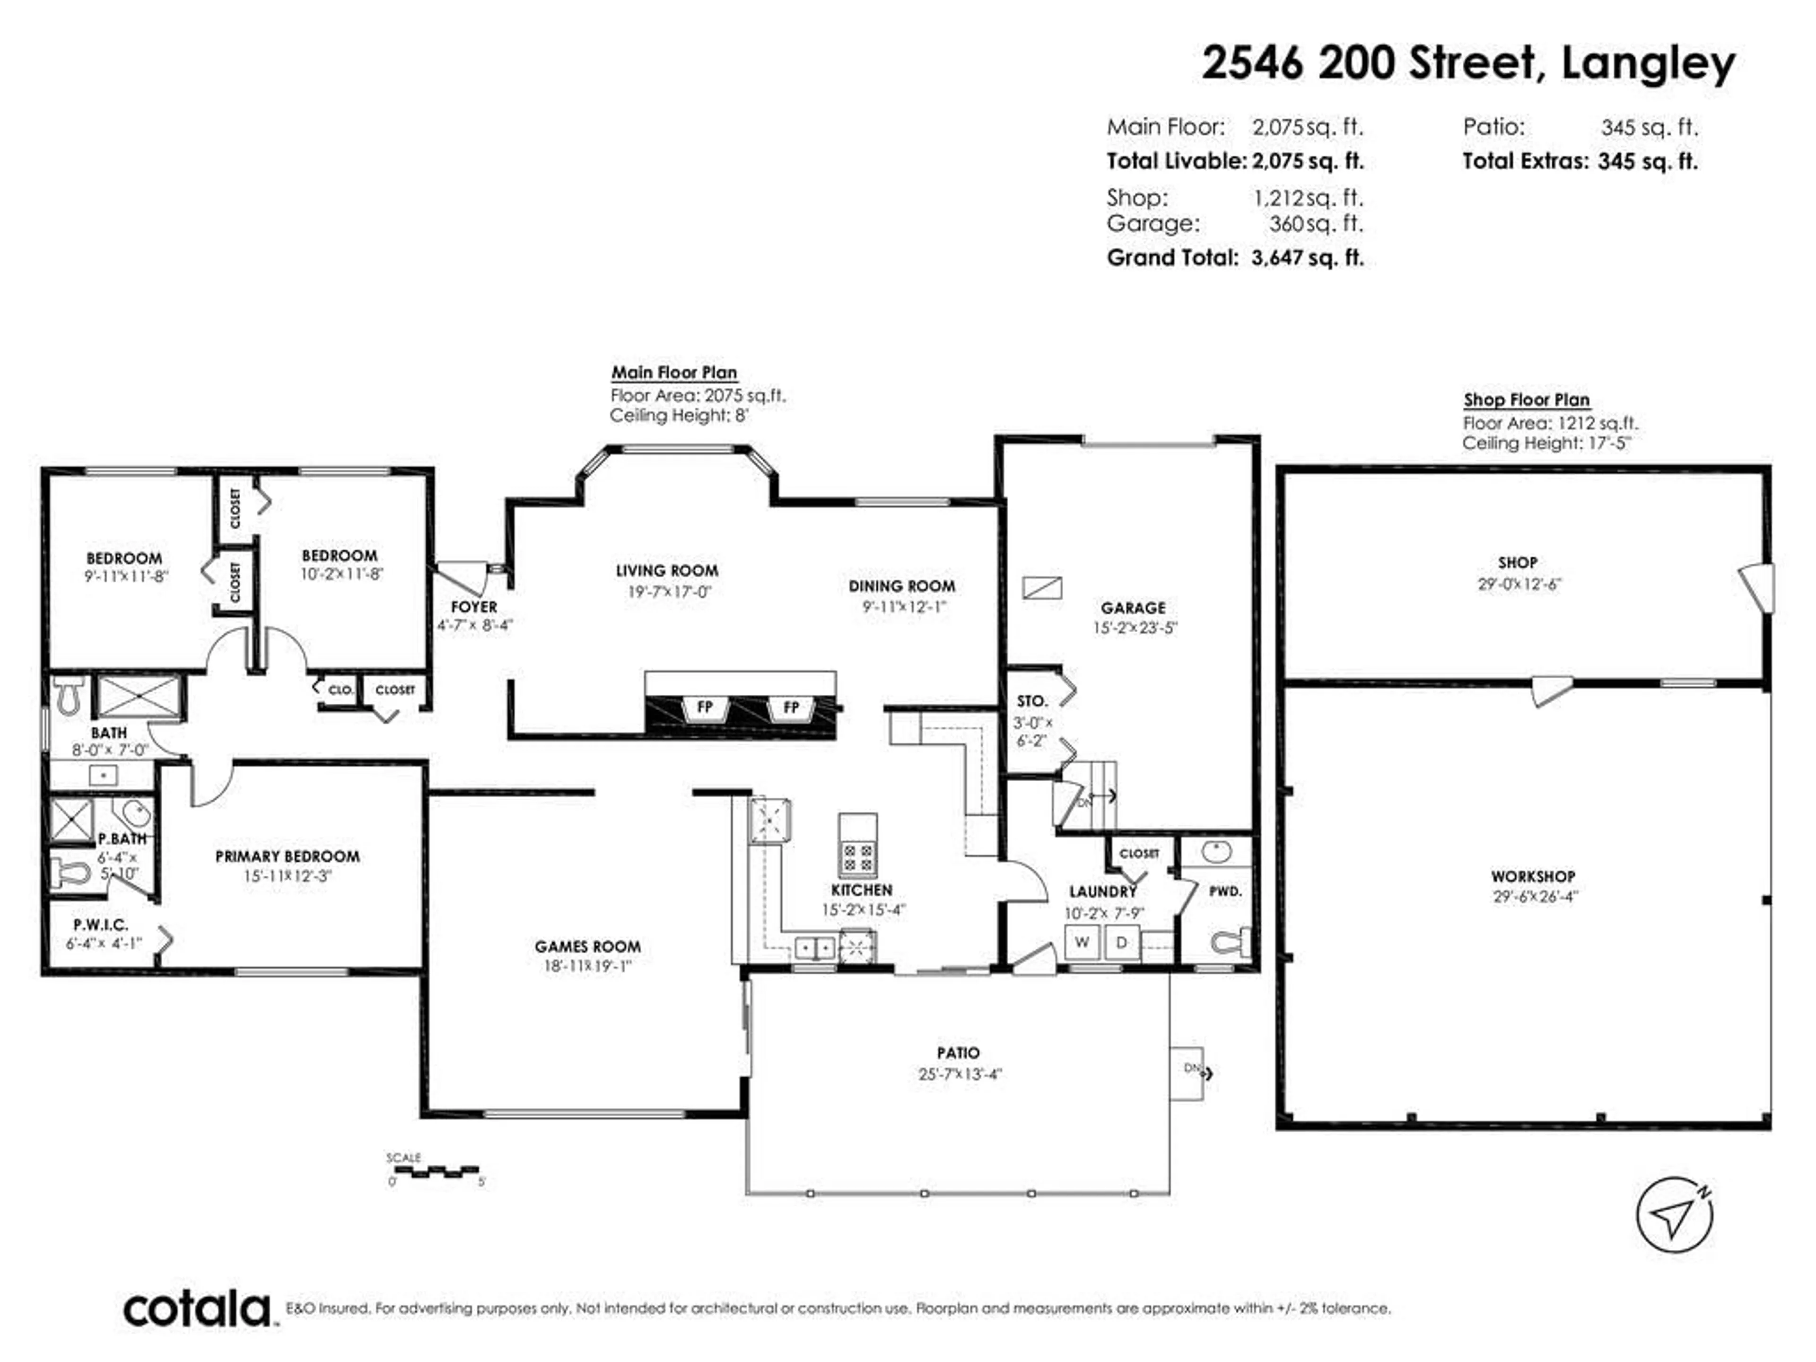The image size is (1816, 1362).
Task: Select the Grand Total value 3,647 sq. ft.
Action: [1307, 258]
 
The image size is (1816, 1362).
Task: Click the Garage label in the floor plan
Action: [1133, 608]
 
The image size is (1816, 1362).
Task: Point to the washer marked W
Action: [1082, 942]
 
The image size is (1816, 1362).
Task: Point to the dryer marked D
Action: [1121, 942]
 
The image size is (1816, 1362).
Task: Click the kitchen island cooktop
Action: [858, 858]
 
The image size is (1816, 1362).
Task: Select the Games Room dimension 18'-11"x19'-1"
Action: [588, 966]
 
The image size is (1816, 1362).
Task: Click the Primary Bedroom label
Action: [288, 856]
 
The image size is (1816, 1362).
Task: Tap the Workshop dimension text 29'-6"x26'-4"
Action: [1535, 897]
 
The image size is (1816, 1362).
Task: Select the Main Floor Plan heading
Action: [673, 372]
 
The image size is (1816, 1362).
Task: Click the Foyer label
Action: [474, 607]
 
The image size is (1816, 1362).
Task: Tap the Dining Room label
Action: [901, 586]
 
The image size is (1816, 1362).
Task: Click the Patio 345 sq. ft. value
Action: [1649, 127]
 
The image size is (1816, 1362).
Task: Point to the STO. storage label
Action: [1032, 701]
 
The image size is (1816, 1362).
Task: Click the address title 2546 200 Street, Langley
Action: [1468, 63]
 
